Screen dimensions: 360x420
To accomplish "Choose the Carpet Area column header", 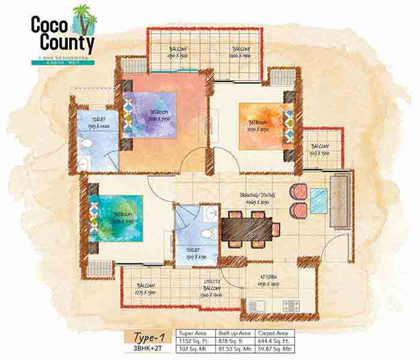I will (275, 331).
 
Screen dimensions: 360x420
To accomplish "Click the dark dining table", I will (247, 229).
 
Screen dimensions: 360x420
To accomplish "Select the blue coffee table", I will (319, 201).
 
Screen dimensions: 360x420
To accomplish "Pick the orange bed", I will (262, 127).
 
